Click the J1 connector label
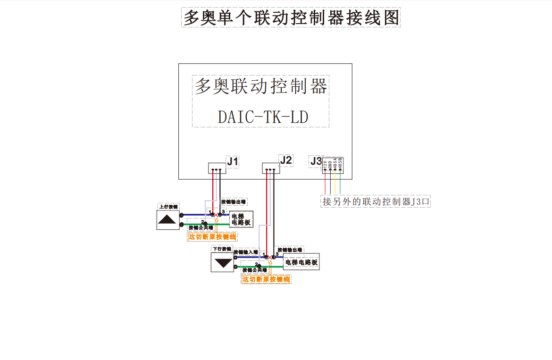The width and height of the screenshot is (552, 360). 233,161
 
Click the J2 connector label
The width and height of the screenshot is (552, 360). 285,160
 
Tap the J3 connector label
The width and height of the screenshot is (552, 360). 316,161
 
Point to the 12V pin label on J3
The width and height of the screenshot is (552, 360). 325,164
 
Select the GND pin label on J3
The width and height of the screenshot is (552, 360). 330,164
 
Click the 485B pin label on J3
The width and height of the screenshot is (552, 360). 340,163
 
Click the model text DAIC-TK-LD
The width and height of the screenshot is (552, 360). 263,117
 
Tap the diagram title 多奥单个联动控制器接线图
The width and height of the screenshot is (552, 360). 291,17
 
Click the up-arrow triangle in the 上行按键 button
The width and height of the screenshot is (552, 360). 168,219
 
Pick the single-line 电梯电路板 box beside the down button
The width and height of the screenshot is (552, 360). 301,262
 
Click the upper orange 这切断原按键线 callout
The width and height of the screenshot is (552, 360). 212,236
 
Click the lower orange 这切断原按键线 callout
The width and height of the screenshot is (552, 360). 266,279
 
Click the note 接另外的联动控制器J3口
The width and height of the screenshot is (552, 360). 376,201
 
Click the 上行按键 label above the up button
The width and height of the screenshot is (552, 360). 168,207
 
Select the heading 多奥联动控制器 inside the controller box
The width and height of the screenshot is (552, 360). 261,86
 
